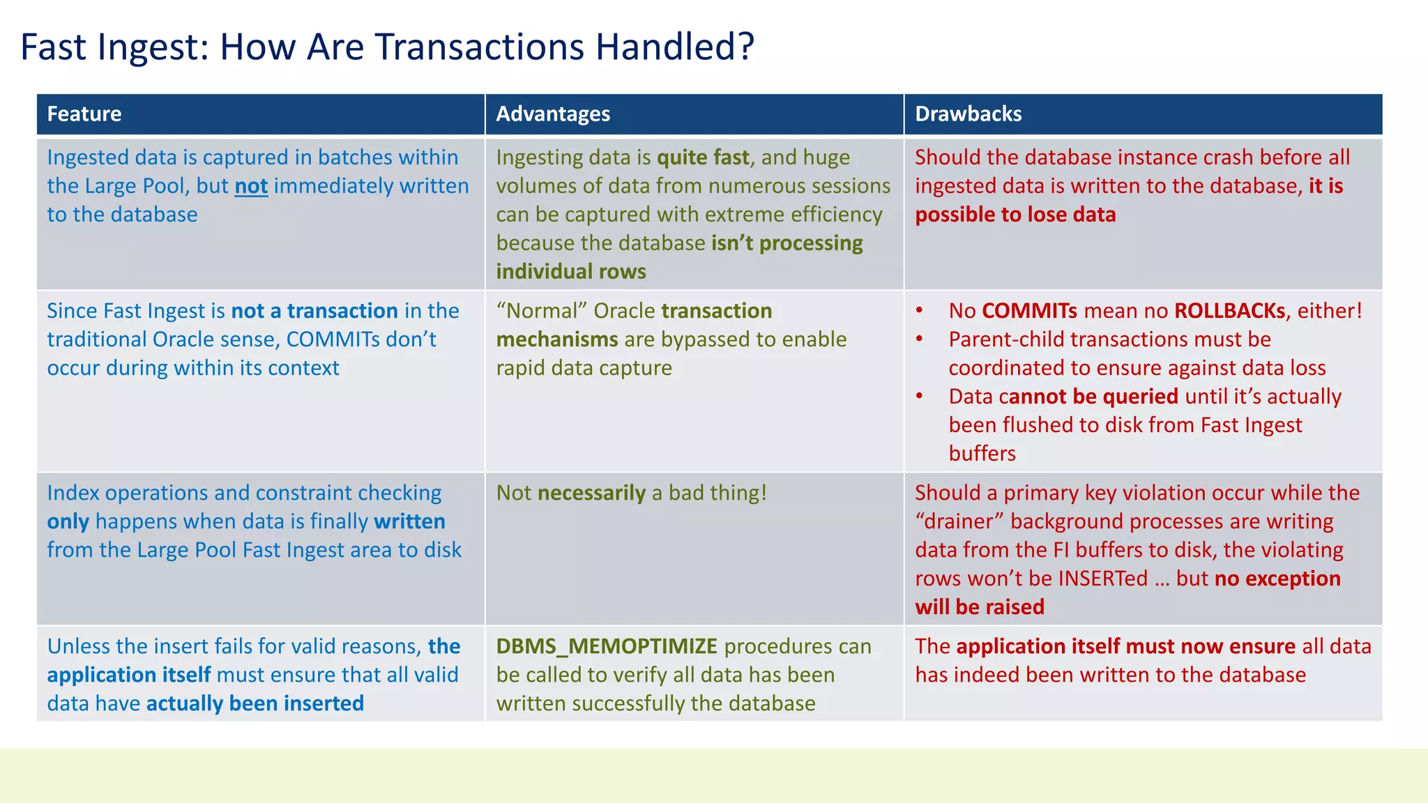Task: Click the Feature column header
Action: click(84, 114)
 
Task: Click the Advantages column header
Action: click(553, 114)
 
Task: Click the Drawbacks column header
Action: click(968, 114)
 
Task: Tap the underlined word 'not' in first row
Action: click(251, 186)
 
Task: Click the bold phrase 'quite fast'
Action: click(703, 158)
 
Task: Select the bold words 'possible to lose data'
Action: click(1015, 215)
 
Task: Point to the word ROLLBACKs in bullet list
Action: click(1229, 311)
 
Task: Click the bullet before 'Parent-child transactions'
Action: click(920, 339)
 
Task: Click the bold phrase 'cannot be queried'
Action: click(1088, 397)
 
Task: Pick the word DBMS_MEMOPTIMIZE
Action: click(607, 646)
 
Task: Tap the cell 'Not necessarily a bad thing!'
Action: click(632, 493)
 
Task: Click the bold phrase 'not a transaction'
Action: click(314, 311)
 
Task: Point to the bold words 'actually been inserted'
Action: click(255, 703)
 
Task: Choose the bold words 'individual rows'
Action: click(571, 272)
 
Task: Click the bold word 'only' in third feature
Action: click(68, 521)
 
